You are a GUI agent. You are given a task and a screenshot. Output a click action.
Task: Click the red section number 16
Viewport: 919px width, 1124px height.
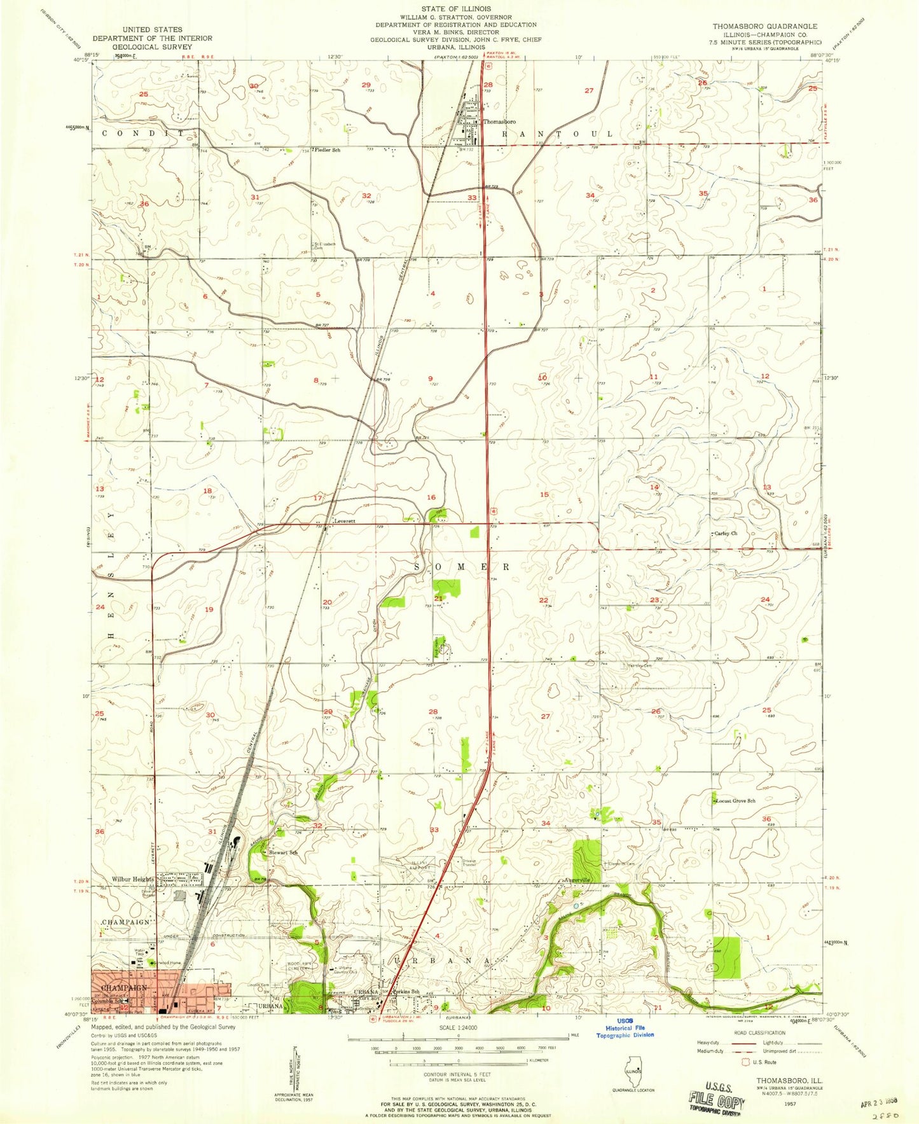431,497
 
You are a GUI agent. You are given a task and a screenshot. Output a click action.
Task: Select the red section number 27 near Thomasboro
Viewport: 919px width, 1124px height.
588,90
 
